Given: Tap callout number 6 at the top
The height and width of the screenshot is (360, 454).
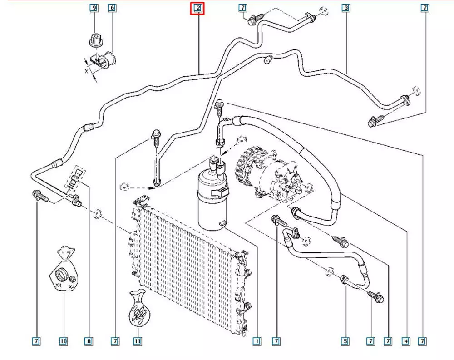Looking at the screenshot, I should click(112, 8).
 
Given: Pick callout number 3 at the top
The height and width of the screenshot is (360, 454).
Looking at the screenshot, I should click(346, 8).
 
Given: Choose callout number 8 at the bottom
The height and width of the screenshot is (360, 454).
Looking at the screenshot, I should click(89, 340).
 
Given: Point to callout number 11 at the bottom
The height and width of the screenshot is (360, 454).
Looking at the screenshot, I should click(137, 340).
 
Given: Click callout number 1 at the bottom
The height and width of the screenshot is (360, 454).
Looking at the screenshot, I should click(257, 340).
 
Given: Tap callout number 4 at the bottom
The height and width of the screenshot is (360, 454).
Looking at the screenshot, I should click(406, 340).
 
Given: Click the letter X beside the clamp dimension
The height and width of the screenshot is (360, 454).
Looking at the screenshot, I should click(86, 71).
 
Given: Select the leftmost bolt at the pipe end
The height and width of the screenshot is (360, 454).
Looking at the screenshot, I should click(39, 196).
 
